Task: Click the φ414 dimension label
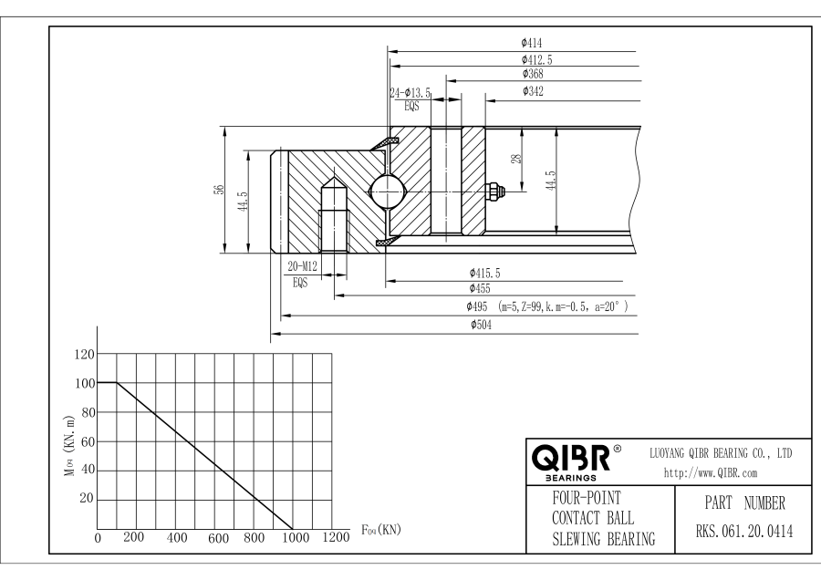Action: (x=532, y=43)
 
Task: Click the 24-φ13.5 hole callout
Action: (x=410, y=93)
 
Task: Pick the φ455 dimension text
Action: (x=479, y=288)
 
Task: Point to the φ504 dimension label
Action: (x=481, y=326)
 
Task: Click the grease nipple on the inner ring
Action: (x=498, y=191)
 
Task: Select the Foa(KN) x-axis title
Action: (x=382, y=529)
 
